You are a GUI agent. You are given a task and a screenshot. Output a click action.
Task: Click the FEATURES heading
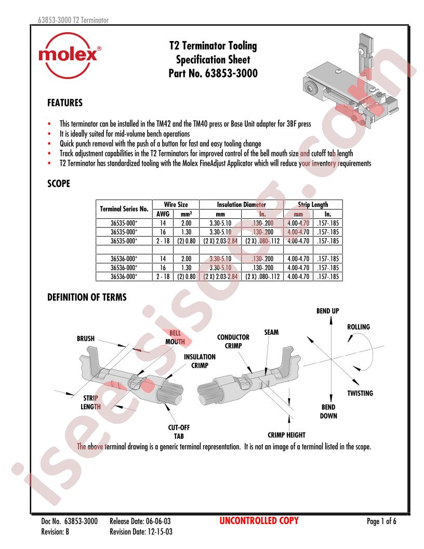(x=65, y=103)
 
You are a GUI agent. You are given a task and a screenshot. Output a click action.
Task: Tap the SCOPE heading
(x=59, y=184)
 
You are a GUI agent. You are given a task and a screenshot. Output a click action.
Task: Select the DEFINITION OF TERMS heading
(x=87, y=297)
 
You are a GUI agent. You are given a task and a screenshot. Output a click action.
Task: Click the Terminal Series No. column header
(x=124, y=209)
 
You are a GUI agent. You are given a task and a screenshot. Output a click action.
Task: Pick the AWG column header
(x=163, y=214)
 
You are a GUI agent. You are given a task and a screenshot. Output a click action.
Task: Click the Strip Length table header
(x=313, y=204)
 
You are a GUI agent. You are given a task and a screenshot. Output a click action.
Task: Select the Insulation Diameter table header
(x=242, y=204)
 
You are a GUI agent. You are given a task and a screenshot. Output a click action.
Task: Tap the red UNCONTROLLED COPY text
(x=259, y=520)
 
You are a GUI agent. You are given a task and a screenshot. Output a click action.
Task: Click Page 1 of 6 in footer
(x=381, y=521)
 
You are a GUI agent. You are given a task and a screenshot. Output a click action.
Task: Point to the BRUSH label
(x=86, y=338)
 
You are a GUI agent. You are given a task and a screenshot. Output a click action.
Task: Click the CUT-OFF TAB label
(x=179, y=432)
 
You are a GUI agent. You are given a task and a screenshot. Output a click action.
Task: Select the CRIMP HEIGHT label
(x=286, y=435)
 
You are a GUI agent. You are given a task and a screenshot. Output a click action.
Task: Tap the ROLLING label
(x=358, y=327)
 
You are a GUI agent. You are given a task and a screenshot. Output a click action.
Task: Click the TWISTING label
(x=360, y=393)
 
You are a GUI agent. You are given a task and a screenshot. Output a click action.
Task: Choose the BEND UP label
(x=327, y=311)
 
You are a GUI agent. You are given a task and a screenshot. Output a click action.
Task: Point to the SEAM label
(x=271, y=332)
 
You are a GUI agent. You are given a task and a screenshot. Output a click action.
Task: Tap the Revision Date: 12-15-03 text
(x=141, y=532)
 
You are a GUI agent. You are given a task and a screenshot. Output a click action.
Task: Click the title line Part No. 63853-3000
(x=213, y=73)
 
